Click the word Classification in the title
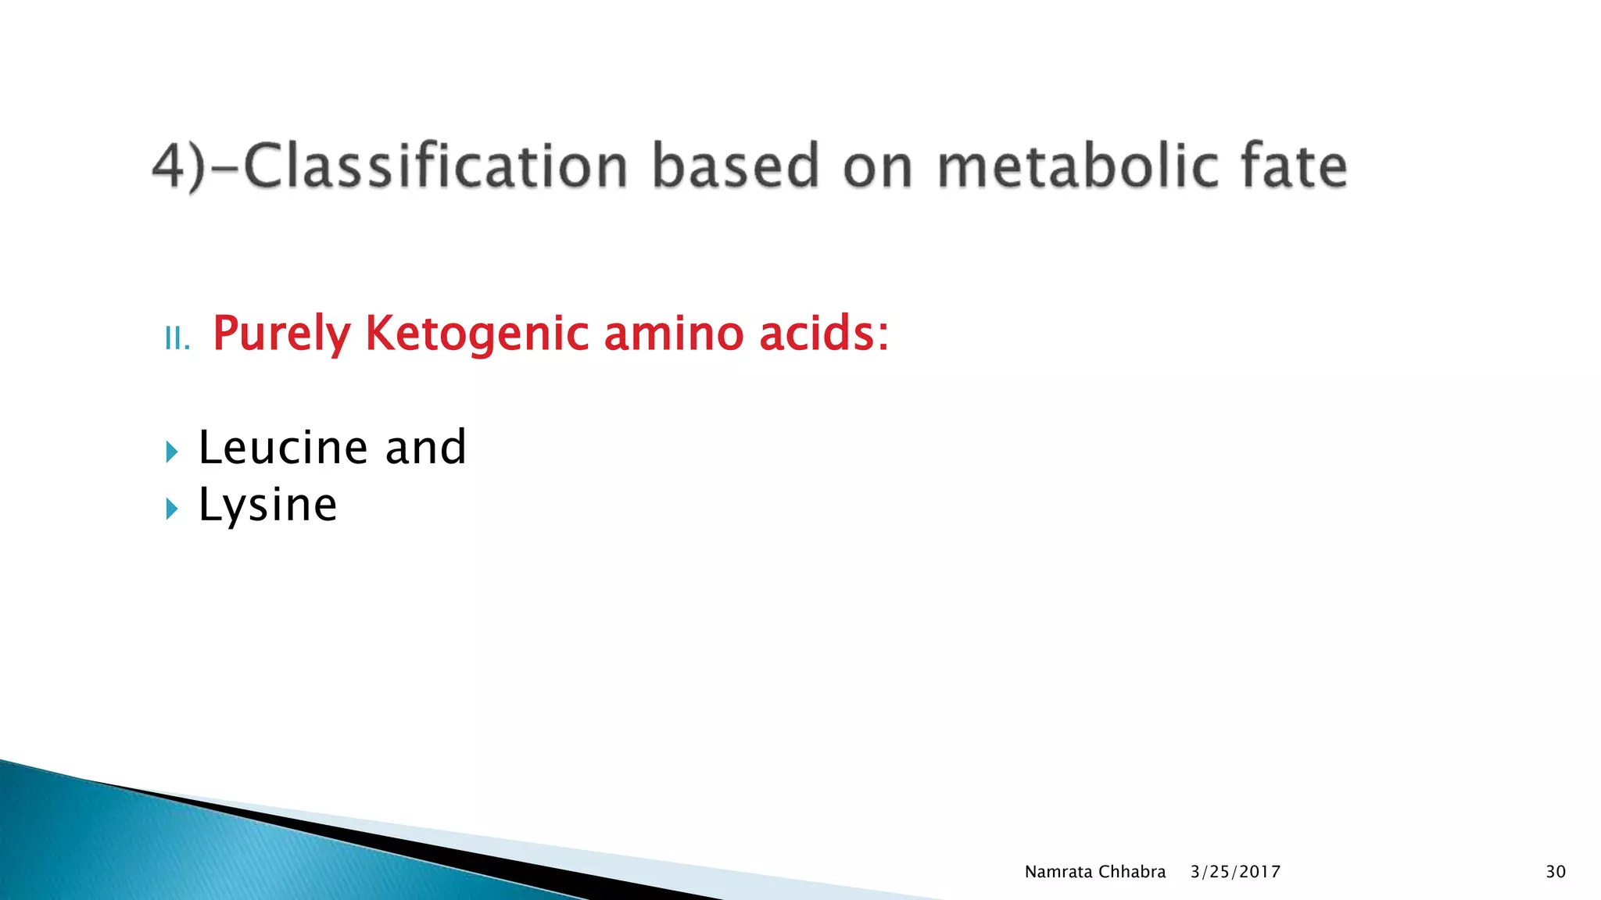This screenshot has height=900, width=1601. coord(435,166)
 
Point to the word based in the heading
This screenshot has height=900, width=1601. coord(735,166)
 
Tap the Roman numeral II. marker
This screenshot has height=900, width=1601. coord(177,339)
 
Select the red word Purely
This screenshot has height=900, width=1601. coord(281,334)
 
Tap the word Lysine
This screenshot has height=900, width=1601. coord(267,505)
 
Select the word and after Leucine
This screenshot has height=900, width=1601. coord(425,447)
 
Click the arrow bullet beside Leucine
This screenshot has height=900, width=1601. coord(172,452)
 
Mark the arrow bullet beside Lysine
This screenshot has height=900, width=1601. coord(172,509)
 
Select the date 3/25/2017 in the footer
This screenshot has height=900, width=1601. coord(1235,872)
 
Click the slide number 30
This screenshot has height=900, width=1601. coord(1555,872)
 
